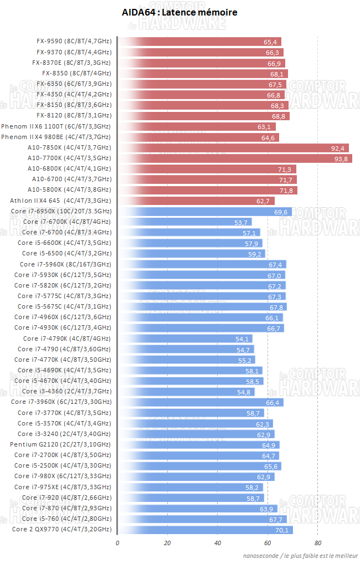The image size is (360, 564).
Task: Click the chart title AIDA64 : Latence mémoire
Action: click(179, 12)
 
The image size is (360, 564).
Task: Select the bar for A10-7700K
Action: click(235, 158)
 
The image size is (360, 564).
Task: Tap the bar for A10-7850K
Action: click(234, 148)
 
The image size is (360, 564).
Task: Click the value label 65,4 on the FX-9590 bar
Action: click(270, 42)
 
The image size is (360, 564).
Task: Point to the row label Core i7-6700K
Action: click(66, 222)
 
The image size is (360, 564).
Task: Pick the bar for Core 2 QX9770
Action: click(205, 530)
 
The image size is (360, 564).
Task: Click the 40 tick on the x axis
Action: click(218, 543)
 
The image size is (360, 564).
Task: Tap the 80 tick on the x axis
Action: click(318, 543)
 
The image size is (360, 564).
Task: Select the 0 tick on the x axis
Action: click(117, 543)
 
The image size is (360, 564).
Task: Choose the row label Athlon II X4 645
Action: click(60, 201)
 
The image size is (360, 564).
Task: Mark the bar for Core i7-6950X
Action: click(205, 212)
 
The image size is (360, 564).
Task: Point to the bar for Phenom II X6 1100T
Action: click(197, 126)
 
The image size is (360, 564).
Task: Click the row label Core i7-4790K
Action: click(66, 338)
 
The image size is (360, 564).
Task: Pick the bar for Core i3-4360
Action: click(186, 392)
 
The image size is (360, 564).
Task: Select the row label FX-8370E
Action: click(71, 63)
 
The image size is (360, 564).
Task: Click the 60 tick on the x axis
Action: click(268, 543)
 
